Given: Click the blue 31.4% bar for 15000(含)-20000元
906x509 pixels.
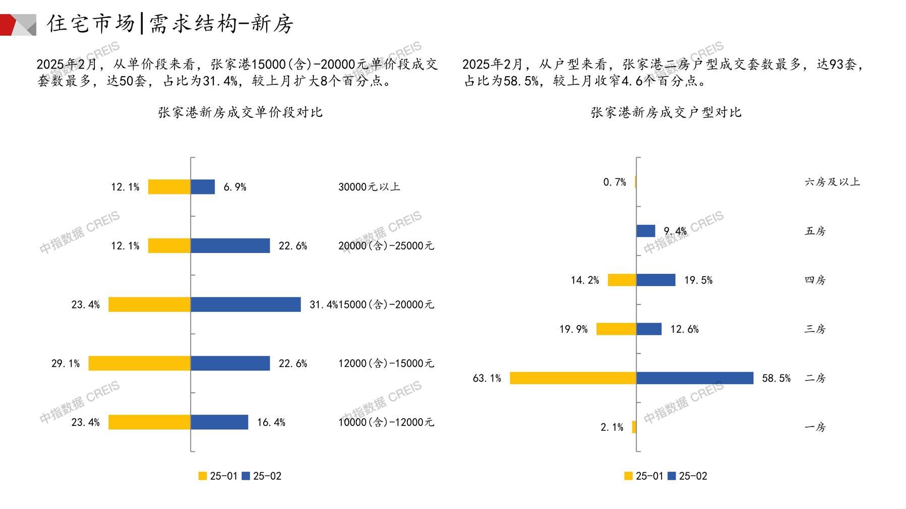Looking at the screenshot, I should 246,304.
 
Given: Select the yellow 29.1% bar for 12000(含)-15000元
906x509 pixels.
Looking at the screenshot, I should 140,363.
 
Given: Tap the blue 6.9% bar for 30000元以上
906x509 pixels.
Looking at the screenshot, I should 203,187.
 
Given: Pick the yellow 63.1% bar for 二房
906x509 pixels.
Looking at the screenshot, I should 573,378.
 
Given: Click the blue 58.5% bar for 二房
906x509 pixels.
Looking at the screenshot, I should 695,378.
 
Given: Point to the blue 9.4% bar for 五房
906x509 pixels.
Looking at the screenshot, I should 645,231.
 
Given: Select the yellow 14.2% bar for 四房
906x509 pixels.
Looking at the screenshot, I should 622,280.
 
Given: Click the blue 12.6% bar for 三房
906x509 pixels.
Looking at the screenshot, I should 649,329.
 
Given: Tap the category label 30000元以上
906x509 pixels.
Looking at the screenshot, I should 369,187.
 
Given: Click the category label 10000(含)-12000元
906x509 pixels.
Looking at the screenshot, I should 386,422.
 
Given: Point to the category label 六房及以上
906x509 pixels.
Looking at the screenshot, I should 832,182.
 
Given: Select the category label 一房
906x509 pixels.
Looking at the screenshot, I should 815,427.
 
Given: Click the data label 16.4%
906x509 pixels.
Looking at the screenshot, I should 271,422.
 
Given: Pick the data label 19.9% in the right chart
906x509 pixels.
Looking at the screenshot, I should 573,329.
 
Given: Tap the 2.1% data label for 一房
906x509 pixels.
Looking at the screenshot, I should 612,427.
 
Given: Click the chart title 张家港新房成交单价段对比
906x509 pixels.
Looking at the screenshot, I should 240,112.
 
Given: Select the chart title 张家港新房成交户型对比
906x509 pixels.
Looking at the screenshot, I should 666,112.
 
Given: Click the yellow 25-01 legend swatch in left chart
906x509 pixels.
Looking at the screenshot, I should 203,476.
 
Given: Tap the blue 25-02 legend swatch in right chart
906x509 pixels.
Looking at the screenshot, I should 671,476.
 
